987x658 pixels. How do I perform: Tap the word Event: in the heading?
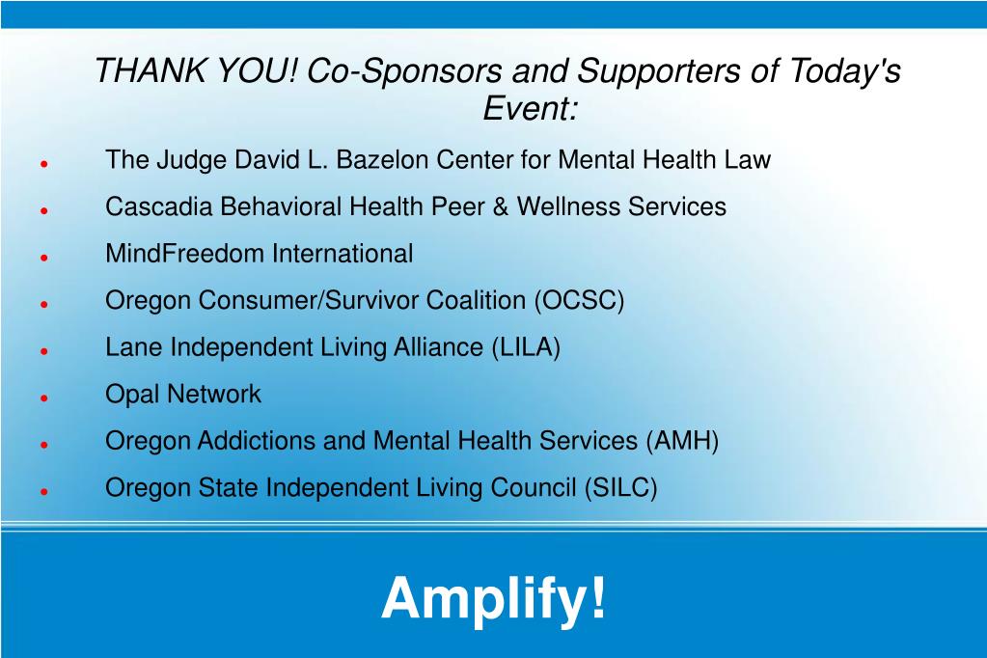pyautogui.click(x=530, y=108)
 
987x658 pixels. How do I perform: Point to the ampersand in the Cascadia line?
pyautogui.click(x=501, y=206)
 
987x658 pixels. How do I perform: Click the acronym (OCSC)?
pyautogui.click(x=579, y=300)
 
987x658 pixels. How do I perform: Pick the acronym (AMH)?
pyautogui.click(x=682, y=441)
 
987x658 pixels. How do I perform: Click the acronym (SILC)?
pyautogui.click(x=620, y=488)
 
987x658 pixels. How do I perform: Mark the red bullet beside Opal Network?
pyautogui.click(x=44, y=398)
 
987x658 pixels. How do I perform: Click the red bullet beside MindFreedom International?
pyautogui.click(x=44, y=258)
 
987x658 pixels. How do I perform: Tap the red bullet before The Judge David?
pyautogui.click(x=44, y=164)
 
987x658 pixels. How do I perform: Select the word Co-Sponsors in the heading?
pyautogui.click(x=404, y=69)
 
